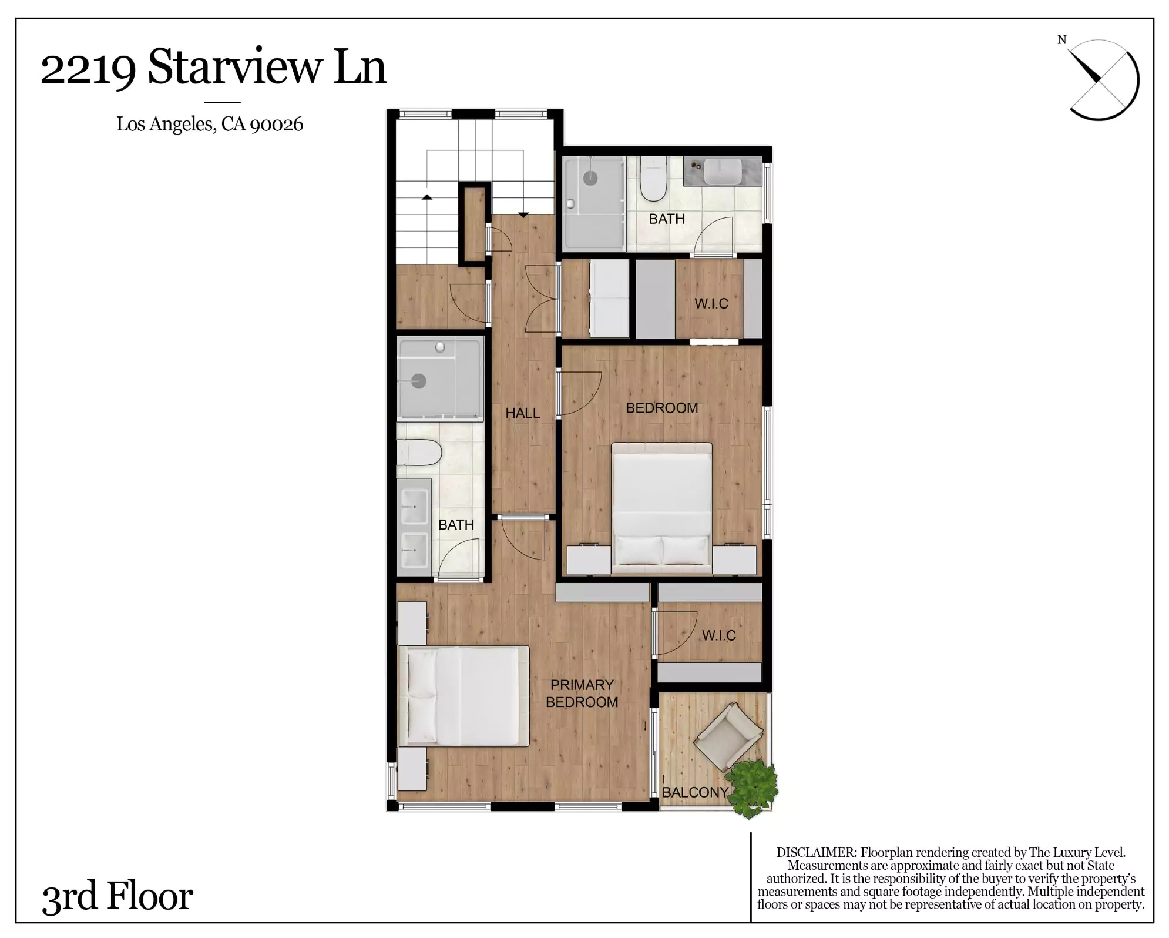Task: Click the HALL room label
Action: [x=522, y=413]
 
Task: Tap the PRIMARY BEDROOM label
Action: [x=582, y=694]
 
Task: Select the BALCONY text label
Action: [x=695, y=792]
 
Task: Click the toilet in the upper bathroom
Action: [x=653, y=177]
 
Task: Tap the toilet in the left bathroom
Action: [x=419, y=453]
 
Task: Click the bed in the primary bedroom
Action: [x=464, y=696]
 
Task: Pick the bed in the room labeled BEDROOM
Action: [x=661, y=508]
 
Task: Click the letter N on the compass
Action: [x=1061, y=40]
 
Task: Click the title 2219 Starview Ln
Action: [x=213, y=68]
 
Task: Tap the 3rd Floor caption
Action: [x=117, y=897]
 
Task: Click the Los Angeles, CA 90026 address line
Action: [x=210, y=124]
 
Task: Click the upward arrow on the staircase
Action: [x=427, y=197]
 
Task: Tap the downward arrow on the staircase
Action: [x=523, y=215]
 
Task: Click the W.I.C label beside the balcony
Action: [x=718, y=635]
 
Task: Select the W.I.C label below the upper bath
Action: [x=711, y=304]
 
